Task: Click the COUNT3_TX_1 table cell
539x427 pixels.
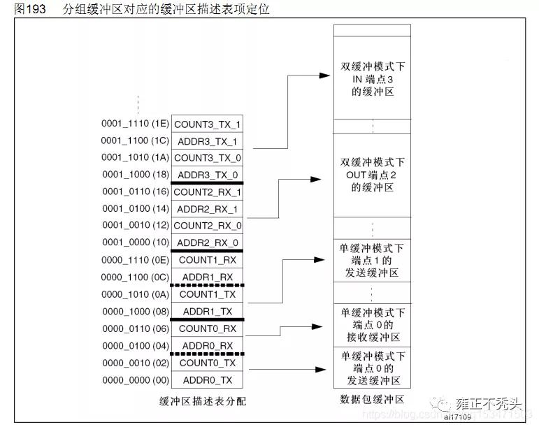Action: coord(208,124)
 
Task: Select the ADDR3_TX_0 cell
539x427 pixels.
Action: coord(208,175)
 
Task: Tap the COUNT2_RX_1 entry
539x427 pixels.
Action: coord(208,191)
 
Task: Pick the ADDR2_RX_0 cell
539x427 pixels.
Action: coord(208,243)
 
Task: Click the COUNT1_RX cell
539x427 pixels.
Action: coord(208,260)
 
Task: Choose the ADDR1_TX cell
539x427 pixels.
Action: coord(208,311)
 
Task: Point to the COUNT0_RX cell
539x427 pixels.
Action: coord(208,328)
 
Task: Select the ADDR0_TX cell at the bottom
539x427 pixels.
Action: coord(208,379)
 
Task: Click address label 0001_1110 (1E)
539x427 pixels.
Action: coord(135,124)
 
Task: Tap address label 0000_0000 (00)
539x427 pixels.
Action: coord(135,379)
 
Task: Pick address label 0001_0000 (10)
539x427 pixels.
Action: coord(135,243)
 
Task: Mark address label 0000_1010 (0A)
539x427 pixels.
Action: coord(135,294)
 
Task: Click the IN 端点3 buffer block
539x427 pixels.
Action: coord(372,78)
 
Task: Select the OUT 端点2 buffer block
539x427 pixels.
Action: coord(372,175)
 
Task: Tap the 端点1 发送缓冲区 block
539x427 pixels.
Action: coord(372,261)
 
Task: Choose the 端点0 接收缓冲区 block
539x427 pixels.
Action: coord(372,325)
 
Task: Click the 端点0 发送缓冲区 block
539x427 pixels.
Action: coord(372,368)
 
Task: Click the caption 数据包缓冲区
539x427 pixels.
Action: coord(372,400)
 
